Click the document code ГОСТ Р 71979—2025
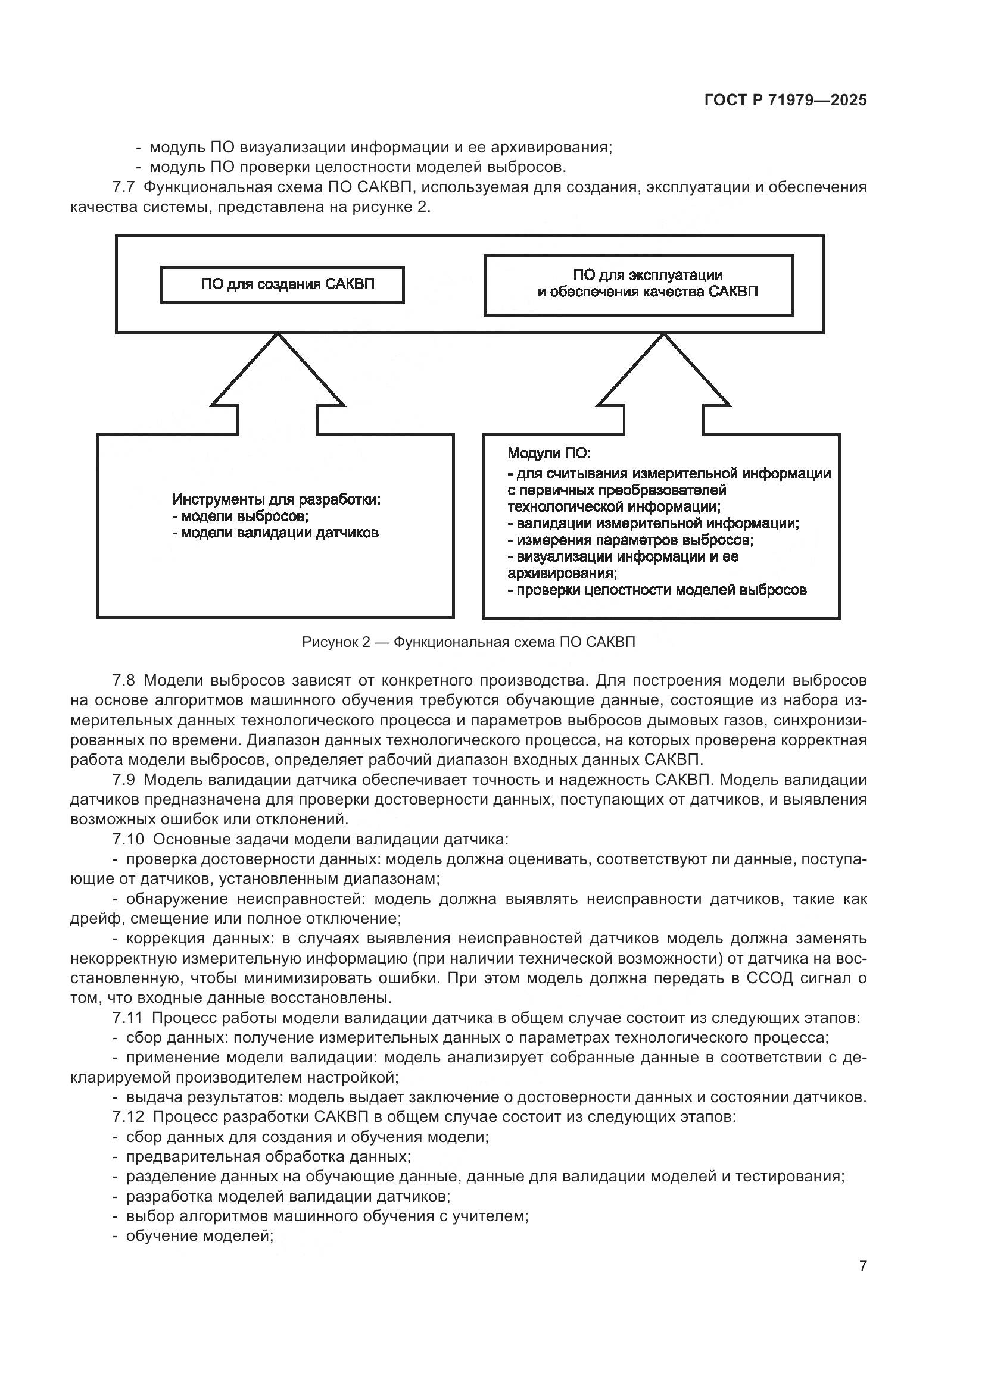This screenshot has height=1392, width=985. pyautogui.click(x=785, y=101)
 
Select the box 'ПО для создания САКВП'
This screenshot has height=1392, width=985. pyautogui.click(x=282, y=284)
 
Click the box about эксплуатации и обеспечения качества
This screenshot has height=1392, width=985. pyautogui.click(x=638, y=284)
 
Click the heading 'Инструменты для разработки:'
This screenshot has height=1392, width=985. pyautogui.click(x=276, y=499)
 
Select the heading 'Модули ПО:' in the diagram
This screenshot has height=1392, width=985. pyautogui.click(x=549, y=453)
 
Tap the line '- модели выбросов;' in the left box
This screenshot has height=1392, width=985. pyautogui.click(x=241, y=517)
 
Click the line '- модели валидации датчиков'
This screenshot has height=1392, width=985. pyautogui.click(x=275, y=533)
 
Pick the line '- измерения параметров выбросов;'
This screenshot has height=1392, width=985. pyautogui.click(x=630, y=540)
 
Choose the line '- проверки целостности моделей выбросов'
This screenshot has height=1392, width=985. pyautogui.click(x=657, y=589)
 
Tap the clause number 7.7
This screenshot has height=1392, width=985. pyautogui.click(x=124, y=187)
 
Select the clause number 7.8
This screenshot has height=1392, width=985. pyautogui.click(x=124, y=681)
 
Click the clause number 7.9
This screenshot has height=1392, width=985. pyautogui.click(x=124, y=780)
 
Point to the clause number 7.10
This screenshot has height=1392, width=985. pyautogui.click(x=128, y=840)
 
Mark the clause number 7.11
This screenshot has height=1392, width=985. pyautogui.click(x=128, y=1018)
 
